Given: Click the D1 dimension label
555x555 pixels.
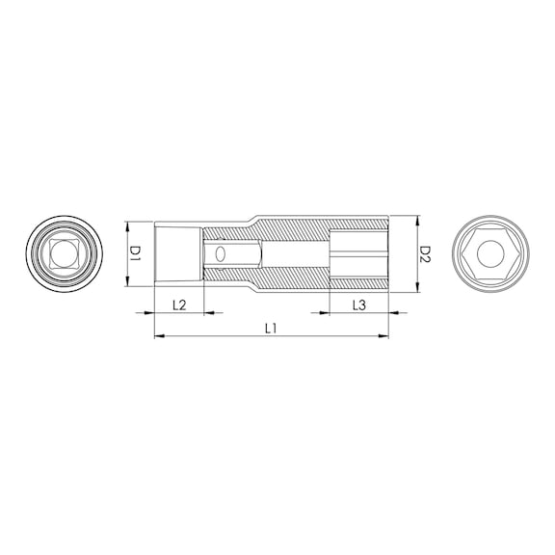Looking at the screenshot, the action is point(135,253).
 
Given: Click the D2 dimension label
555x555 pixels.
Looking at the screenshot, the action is point(425,253).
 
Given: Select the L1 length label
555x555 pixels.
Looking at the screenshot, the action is point(271,330).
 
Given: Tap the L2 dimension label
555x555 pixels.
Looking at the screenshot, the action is point(179,305).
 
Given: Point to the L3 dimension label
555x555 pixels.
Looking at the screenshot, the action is point(358,305).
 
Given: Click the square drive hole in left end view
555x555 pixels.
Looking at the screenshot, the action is point(64,253).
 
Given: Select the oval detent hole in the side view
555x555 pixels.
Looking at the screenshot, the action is point(220,253).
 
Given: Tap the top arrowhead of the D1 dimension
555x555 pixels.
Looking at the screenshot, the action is point(127,226).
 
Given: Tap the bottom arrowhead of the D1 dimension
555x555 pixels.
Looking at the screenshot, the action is point(127,281).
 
